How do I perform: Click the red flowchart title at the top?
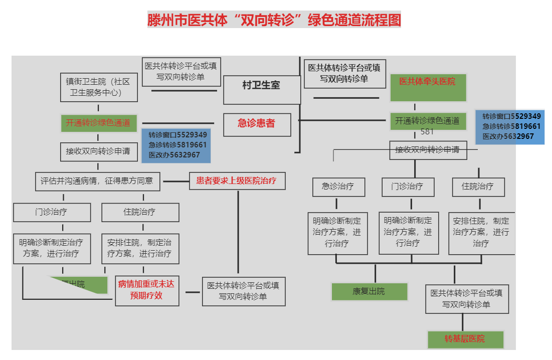coord(274,20)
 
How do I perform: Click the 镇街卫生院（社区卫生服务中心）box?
coord(98,87)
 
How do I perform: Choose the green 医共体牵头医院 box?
coord(428,87)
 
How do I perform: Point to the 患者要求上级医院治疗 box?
coord(237,181)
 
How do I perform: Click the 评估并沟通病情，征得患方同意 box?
coord(97,181)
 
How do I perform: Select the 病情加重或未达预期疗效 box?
coord(146,290)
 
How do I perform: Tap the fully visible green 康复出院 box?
coord(369,291)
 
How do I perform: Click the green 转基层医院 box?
coord(465,339)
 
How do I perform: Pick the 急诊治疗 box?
coord(338,187)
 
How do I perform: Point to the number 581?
coord(427,132)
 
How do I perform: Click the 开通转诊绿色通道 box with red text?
coord(98,123)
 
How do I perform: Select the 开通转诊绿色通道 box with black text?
coord(427,121)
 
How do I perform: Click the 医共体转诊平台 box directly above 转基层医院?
coord(466,299)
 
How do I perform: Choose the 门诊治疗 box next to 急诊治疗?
coord(407,187)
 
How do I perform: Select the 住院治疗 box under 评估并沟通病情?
coord(140,212)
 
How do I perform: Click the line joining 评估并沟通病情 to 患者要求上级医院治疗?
coord(174,181)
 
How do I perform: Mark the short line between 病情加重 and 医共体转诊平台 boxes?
coord(193,292)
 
